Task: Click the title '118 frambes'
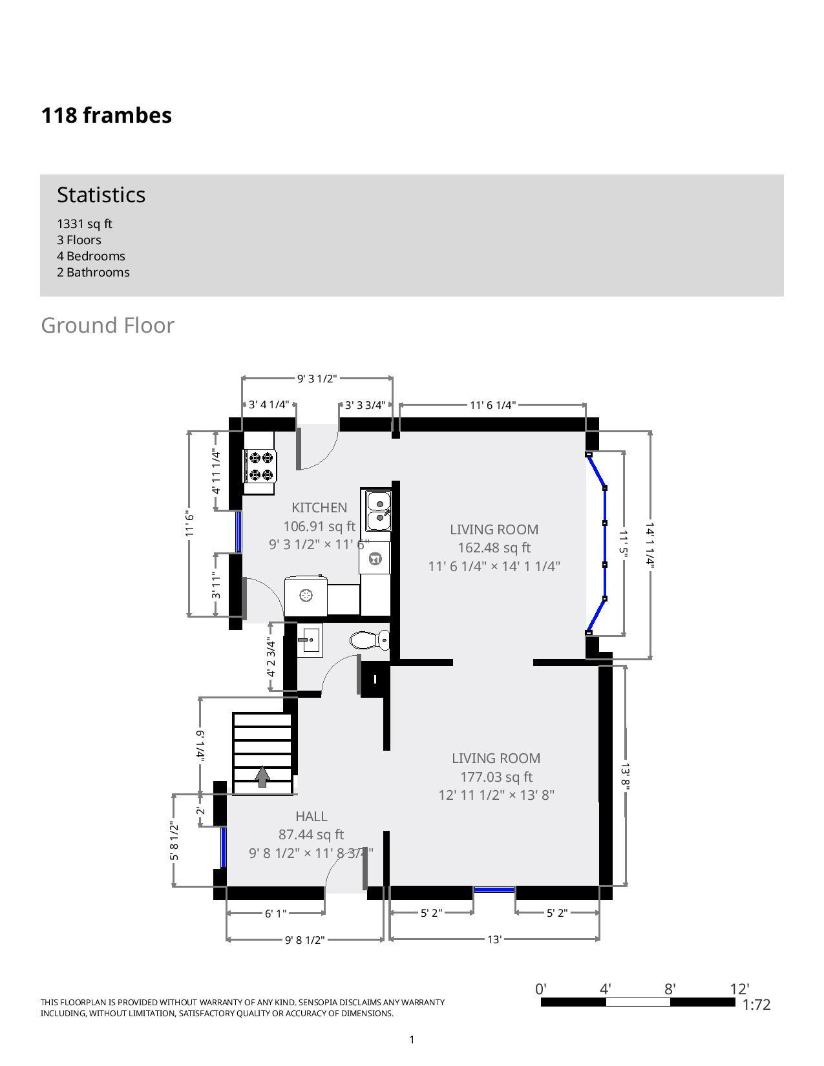point(107,115)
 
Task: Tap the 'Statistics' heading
point(101,194)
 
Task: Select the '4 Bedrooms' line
point(91,256)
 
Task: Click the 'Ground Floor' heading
point(107,325)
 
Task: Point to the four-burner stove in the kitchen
point(260,466)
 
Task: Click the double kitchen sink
point(379,510)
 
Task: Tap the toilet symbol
point(370,640)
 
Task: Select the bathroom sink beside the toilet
point(310,641)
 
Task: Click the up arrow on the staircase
point(262,776)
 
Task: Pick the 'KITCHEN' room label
point(319,508)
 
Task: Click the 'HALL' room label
point(312,817)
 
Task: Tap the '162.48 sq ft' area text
point(494,548)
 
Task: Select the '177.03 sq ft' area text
point(496,777)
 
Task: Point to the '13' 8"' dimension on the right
point(625,776)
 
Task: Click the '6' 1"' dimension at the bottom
point(275,913)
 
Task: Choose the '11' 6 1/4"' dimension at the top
point(492,405)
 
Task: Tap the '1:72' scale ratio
point(756,1005)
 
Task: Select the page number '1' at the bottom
point(412,1040)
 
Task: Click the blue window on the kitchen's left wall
point(238,532)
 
